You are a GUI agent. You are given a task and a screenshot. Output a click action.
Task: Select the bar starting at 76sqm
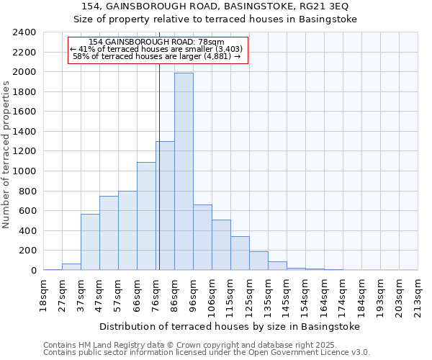165,206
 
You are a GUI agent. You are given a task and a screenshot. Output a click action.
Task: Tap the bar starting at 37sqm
90,242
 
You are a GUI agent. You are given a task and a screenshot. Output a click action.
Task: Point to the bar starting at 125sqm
258,261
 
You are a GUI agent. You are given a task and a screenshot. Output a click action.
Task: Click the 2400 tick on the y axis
25,32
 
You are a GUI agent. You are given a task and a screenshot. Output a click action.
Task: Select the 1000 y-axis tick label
25,171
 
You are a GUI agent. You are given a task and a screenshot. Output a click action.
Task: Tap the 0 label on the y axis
33,271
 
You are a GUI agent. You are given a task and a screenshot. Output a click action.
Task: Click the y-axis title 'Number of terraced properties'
7,155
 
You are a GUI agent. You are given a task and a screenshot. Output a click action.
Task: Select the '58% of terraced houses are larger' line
157,56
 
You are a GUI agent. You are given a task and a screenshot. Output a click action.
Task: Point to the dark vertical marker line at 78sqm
159,180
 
